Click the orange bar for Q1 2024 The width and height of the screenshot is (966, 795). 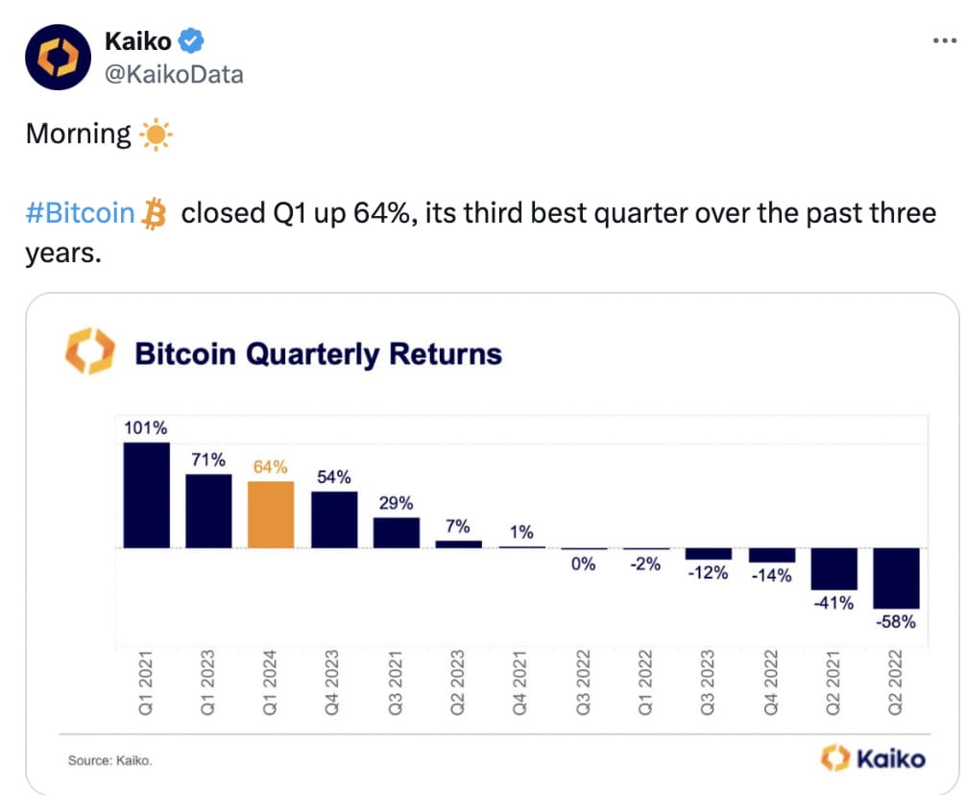[x=271, y=514]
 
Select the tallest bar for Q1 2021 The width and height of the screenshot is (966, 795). [x=146, y=494]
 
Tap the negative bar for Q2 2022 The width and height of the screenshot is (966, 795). [x=896, y=578]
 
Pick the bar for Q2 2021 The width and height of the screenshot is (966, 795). [x=833, y=568]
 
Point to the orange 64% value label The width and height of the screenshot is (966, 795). [x=271, y=467]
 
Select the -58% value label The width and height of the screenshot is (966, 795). [x=896, y=622]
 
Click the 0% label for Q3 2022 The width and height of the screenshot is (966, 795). [x=583, y=565]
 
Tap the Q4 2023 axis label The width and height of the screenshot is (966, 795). [x=333, y=683]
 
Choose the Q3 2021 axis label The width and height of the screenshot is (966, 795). [x=396, y=683]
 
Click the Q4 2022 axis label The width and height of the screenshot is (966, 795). [x=771, y=683]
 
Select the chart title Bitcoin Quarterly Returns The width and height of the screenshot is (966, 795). [x=318, y=353]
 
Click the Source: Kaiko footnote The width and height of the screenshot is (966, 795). [x=109, y=760]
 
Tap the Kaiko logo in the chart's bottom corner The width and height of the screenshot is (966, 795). [x=874, y=759]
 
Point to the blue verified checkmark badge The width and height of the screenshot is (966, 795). [x=192, y=41]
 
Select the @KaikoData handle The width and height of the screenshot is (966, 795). [x=173, y=74]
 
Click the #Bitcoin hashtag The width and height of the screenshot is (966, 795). [x=80, y=212]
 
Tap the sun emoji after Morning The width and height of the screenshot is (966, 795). [x=156, y=135]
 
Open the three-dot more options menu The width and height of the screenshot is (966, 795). [x=944, y=41]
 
